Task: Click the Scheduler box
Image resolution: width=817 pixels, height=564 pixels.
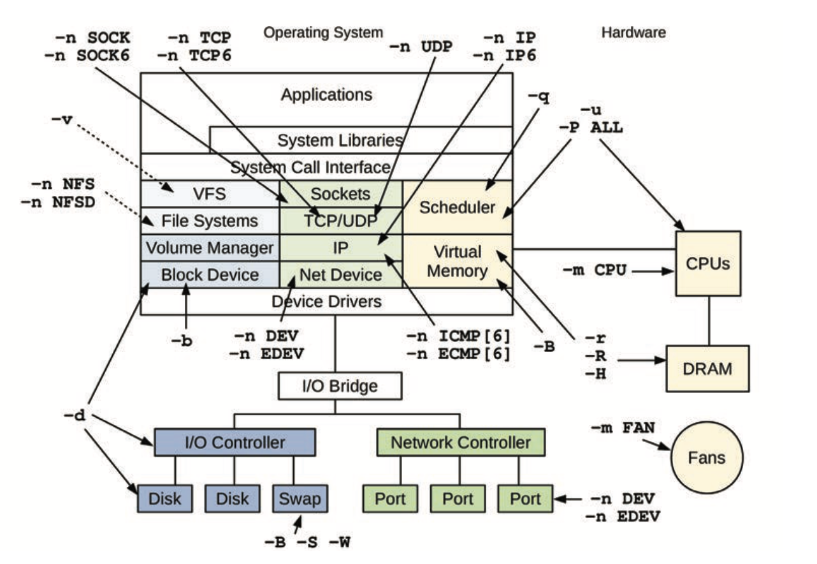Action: (457, 207)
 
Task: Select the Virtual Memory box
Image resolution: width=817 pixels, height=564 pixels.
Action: (457, 260)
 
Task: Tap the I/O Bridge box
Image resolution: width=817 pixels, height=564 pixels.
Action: (340, 386)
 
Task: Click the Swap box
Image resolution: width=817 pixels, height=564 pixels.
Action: (300, 498)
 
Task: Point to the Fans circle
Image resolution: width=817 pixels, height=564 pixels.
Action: (707, 457)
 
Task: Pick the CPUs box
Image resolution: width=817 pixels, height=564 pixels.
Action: (708, 263)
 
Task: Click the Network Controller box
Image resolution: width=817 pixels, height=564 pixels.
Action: (460, 442)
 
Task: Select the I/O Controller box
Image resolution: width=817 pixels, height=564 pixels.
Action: (235, 442)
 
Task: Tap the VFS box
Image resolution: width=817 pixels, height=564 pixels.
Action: (210, 193)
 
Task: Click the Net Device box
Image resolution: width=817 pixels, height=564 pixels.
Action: (340, 274)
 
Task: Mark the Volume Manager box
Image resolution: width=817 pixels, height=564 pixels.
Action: (210, 247)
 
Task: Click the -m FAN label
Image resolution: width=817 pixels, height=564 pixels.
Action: (623, 427)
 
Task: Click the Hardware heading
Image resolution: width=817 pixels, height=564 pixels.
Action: (633, 32)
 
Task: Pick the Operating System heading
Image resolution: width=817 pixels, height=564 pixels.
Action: (324, 32)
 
